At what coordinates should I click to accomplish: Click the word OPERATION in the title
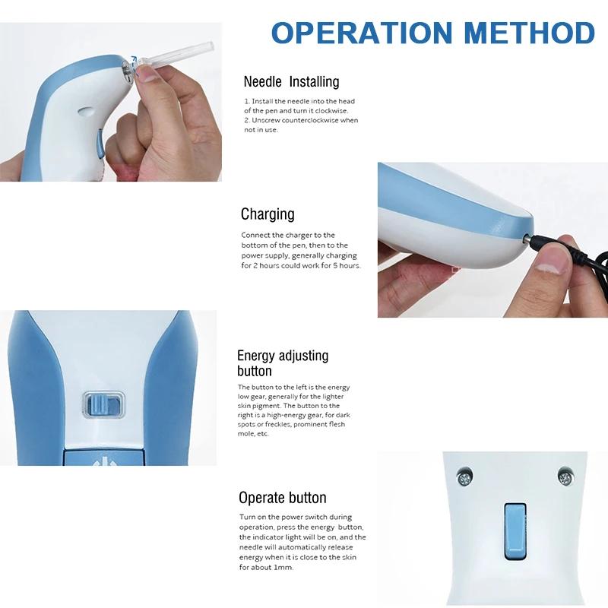pos(363,33)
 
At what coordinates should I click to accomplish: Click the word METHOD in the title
pos(529,33)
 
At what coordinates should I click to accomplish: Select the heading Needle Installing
pos(291,82)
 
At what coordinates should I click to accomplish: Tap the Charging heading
pos(268,214)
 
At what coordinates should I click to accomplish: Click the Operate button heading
pos(282,498)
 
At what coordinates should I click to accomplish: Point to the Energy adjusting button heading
pos(283,363)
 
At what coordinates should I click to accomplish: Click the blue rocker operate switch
pos(515,531)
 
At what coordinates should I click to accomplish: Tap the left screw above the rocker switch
pos(465,478)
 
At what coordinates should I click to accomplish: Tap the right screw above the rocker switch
pos(565,477)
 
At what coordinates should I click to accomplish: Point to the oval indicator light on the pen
pos(86,112)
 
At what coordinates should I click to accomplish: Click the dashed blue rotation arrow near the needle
pos(135,64)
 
